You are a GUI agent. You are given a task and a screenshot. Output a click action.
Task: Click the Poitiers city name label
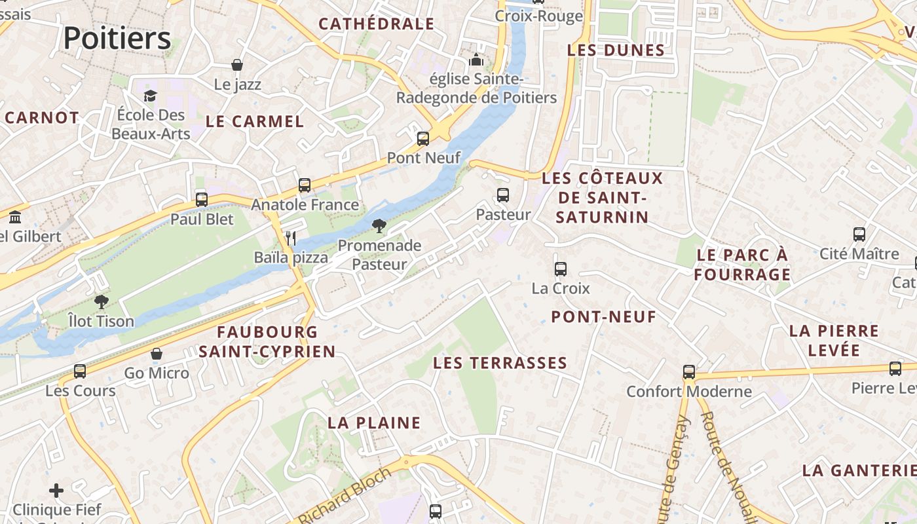(117, 38)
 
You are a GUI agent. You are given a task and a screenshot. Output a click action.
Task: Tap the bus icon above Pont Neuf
(423, 139)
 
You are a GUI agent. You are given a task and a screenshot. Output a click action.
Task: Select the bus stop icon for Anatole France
(305, 185)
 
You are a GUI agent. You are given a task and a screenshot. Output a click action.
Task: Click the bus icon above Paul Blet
(202, 200)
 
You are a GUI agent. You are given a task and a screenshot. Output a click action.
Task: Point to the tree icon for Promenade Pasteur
(379, 227)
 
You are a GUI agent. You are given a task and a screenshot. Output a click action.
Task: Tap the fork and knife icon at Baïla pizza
(291, 238)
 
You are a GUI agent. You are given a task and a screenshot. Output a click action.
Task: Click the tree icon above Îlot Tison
(101, 302)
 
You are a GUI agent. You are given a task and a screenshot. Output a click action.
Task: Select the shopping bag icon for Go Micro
(157, 354)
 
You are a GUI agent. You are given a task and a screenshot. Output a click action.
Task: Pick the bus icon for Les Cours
(80, 371)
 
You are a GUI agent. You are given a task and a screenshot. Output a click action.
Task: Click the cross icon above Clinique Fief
(56, 490)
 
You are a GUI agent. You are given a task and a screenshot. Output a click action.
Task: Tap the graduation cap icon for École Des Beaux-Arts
(151, 96)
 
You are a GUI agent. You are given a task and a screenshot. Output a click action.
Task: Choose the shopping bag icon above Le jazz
(237, 65)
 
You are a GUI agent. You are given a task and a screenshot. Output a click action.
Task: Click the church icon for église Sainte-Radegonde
(476, 60)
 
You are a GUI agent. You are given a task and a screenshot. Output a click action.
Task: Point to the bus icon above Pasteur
(502, 195)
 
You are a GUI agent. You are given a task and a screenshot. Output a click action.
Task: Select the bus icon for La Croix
(560, 269)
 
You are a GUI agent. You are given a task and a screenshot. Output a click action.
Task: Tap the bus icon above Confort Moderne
(689, 372)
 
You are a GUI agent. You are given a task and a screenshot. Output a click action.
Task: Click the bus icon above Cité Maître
(859, 234)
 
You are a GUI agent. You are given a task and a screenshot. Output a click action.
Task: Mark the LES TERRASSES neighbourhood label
(500, 363)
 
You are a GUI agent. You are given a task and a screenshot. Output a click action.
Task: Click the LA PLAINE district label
(374, 422)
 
